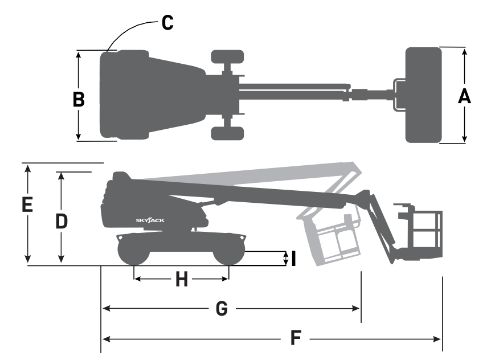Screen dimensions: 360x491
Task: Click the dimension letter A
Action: pyautogui.click(x=465, y=96)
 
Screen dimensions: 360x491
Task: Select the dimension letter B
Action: pyautogui.click(x=79, y=99)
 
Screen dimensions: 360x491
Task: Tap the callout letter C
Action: pyautogui.click(x=167, y=22)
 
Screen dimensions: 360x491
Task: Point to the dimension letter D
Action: pyautogui.click(x=62, y=220)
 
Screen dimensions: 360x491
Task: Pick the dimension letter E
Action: pyautogui.click(x=26, y=205)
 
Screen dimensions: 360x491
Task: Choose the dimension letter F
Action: pyautogui.click(x=296, y=338)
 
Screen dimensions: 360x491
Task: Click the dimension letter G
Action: pyautogui.click(x=222, y=309)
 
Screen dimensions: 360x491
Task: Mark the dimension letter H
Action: pyautogui.click(x=181, y=279)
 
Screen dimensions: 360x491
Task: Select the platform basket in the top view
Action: pyautogui.click(x=424, y=95)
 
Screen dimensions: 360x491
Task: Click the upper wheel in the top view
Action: pyautogui.click(x=227, y=56)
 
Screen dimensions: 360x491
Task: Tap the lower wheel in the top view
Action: pyautogui.click(x=227, y=133)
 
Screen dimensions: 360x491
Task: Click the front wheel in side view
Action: pyautogui.click(x=229, y=251)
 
